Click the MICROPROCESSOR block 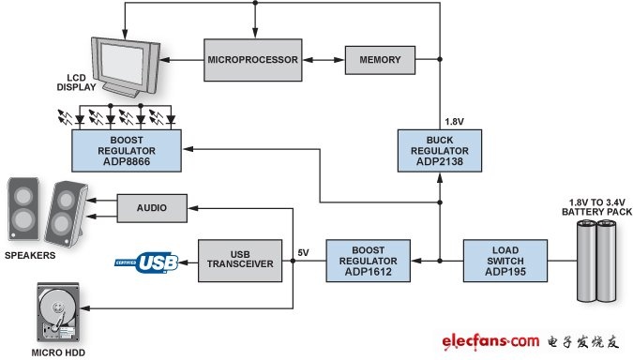coord(252,60)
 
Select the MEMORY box coord(380,60)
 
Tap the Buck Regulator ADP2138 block coord(440,151)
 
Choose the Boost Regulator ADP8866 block coord(127,151)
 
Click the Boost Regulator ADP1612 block coord(369,261)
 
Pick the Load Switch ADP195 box coord(505,261)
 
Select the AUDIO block coord(152,208)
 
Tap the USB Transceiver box coord(240,261)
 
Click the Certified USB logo coord(146,262)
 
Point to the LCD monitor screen coord(122,63)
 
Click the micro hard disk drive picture coord(58,312)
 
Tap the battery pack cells coord(596,261)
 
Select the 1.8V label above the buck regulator coord(454,122)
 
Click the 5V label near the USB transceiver coord(303,252)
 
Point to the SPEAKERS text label coord(30,256)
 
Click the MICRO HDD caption coord(58,352)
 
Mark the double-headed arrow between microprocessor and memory coord(324,60)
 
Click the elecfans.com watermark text coord(490,341)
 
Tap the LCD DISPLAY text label coord(76,82)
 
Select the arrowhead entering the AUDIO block coord(192,208)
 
